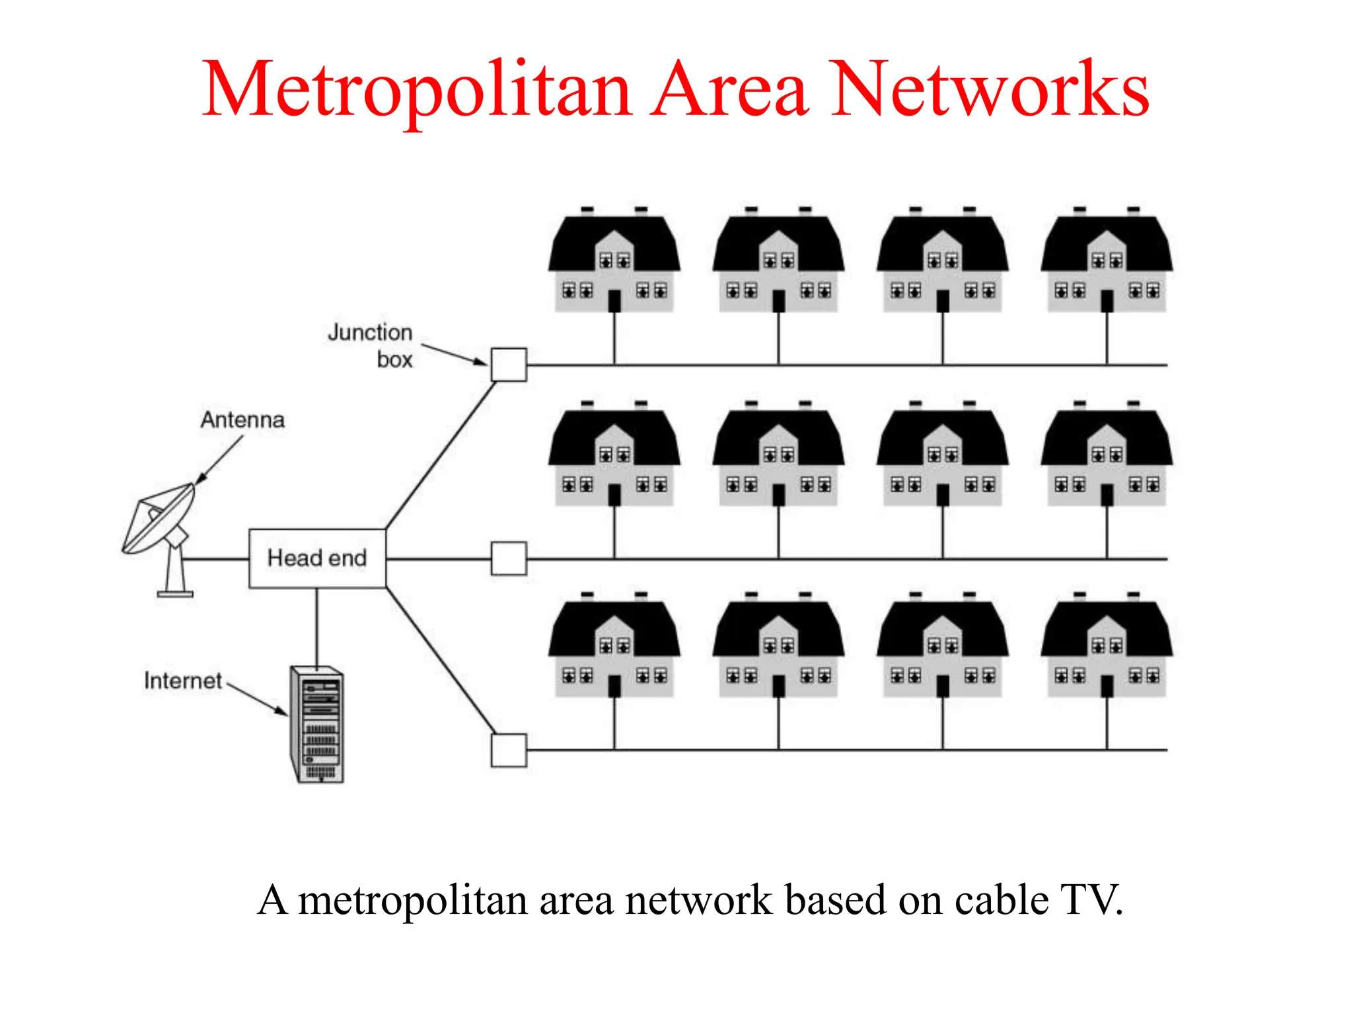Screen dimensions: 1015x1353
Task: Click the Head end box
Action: pos(317,558)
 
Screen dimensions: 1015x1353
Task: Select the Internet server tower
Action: pos(318,725)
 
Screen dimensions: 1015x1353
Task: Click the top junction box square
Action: pos(509,365)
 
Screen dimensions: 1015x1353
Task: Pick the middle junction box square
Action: pos(509,559)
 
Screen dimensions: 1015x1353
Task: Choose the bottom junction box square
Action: pos(509,750)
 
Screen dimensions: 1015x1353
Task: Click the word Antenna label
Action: pos(242,420)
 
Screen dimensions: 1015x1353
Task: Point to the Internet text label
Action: pos(183,681)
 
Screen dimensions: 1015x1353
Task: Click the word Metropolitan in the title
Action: pos(416,89)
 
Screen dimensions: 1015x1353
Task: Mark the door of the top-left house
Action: pos(614,301)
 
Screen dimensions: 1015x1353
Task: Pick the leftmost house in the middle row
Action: pos(614,456)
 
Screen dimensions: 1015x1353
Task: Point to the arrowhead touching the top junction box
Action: pos(481,361)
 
